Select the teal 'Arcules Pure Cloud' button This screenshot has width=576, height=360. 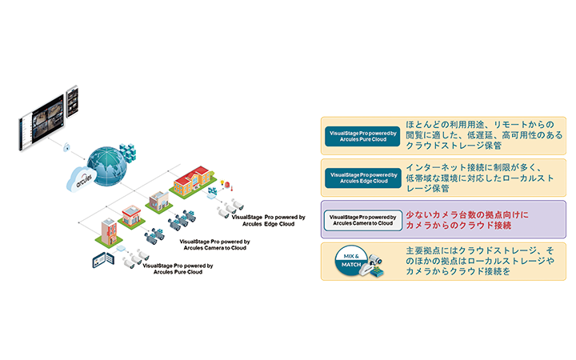[x=356, y=134]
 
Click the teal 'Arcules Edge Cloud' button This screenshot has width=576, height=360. [x=356, y=176]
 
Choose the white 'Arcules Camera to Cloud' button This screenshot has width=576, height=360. [x=356, y=221]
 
